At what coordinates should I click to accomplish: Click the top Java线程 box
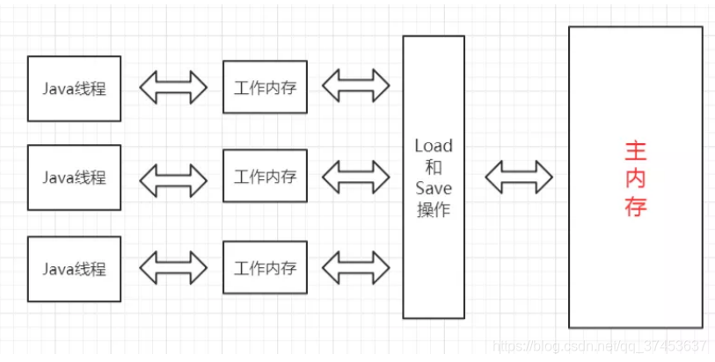75,89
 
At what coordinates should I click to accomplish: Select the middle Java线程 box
75,177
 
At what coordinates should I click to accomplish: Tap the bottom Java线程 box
75,268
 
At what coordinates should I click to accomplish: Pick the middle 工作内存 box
265,177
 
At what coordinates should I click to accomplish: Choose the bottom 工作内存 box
265,267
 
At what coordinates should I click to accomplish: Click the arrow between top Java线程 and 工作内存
172,87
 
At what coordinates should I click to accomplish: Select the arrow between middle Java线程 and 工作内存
172,177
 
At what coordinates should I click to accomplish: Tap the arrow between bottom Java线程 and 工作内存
172,267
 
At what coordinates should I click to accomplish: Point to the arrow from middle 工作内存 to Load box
355,177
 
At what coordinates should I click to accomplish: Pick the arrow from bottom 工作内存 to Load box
355,266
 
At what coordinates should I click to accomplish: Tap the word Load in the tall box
433,146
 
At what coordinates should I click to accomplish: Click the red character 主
636,151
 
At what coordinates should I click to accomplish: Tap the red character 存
636,208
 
